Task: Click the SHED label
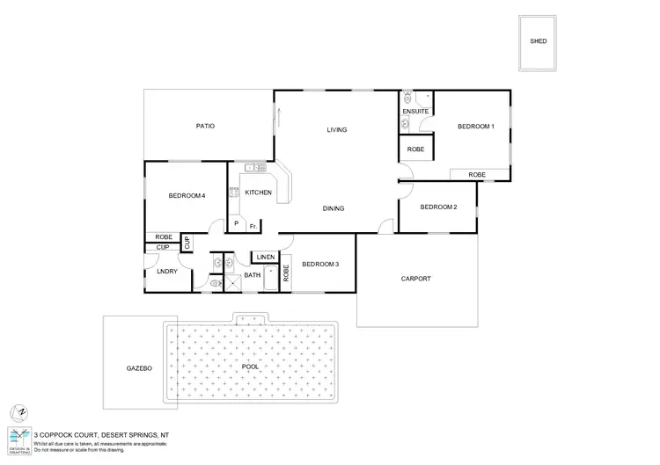[x=537, y=41]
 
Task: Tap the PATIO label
[x=205, y=127]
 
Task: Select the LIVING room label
[x=337, y=130]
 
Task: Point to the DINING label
[x=333, y=208]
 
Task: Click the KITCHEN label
[x=258, y=193]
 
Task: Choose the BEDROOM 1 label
[x=476, y=127]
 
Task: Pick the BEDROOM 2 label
[x=438, y=207]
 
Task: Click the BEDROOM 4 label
[x=187, y=196]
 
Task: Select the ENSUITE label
[x=415, y=113]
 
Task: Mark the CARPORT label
[x=415, y=279]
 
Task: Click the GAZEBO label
[x=139, y=369]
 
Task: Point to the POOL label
[x=251, y=366]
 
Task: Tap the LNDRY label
[x=167, y=272]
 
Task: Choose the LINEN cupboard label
[x=266, y=258]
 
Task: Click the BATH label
[x=253, y=276]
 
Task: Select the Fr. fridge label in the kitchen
[x=253, y=226]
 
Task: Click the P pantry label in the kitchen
[x=236, y=224]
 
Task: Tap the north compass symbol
[x=18, y=411]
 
